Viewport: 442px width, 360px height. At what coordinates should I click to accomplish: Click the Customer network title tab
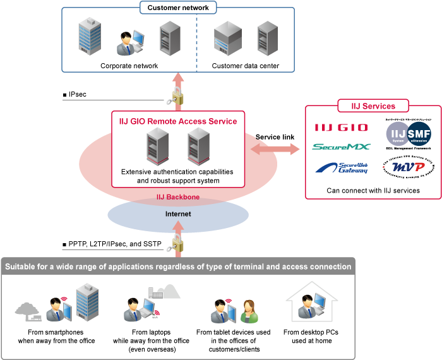(x=178, y=8)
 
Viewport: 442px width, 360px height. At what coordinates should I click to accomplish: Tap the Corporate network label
(x=129, y=65)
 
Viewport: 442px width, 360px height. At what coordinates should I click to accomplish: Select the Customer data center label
(x=245, y=65)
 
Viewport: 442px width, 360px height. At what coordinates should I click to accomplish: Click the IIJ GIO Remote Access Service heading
(x=178, y=121)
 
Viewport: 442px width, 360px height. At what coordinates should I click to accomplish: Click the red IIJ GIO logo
(x=340, y=128)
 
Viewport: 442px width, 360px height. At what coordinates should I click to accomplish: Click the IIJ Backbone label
(x=178, y=197)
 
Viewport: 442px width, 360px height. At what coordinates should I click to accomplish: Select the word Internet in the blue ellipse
(x=178, y=214)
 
